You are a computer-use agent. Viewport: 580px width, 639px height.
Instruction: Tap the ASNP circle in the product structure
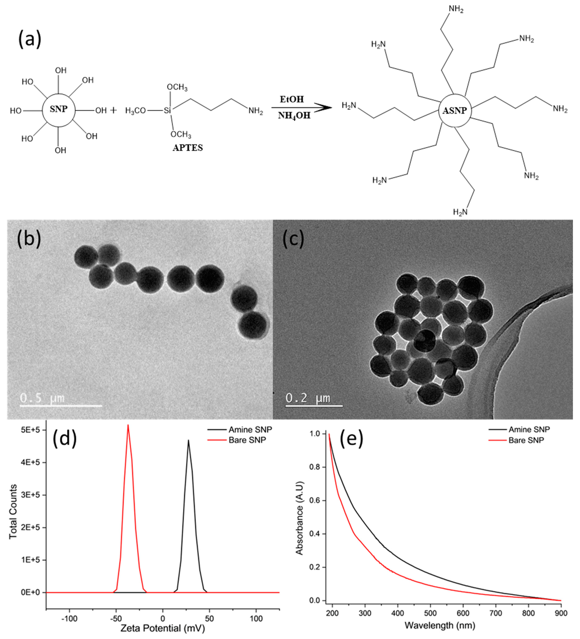pos(455,111)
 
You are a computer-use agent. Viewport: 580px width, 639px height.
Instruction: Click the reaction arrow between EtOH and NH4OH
pos(301,108)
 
